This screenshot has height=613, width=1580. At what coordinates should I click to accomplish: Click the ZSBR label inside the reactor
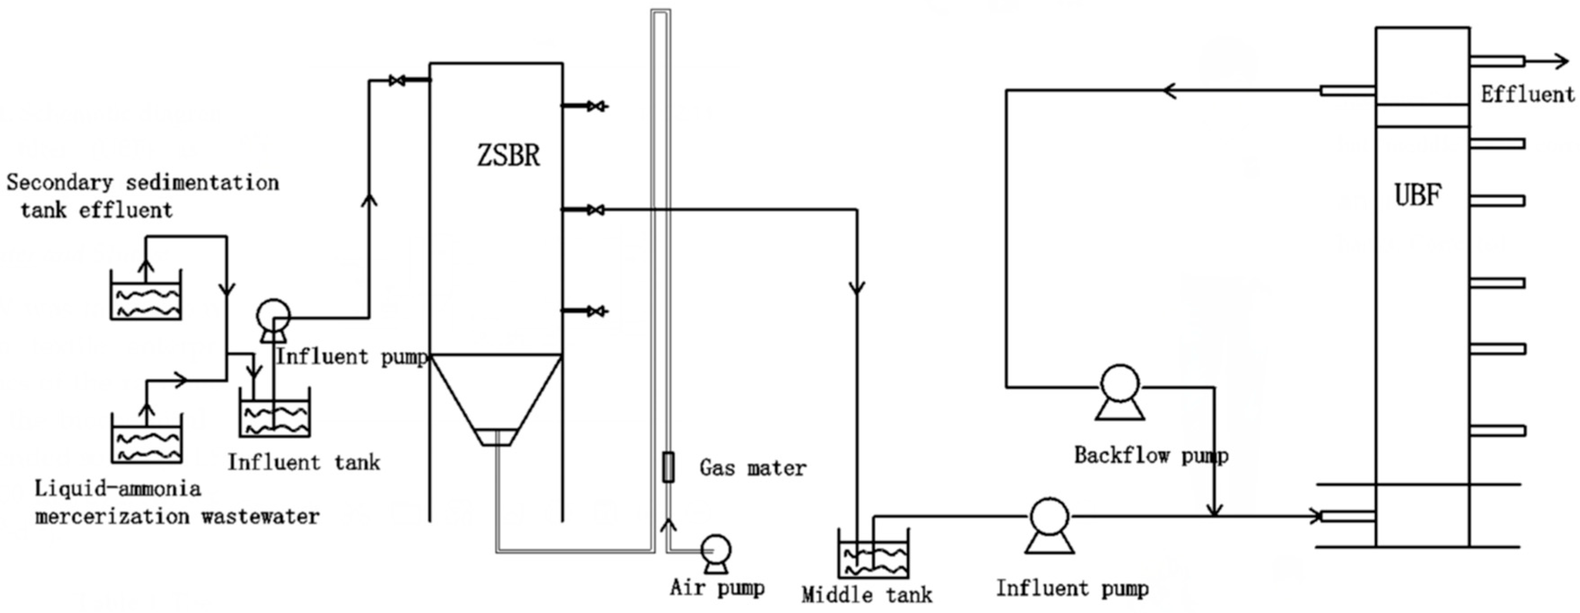pyautogui.click(x=508, y=155)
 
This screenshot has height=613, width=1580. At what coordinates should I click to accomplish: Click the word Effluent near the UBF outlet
pyautogui.click(x=1527, y=95)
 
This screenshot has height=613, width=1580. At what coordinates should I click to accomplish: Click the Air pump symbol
pyautogui.click(x=716, y=550)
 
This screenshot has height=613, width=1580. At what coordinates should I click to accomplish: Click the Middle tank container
pyautogui.click(x=874, y=555)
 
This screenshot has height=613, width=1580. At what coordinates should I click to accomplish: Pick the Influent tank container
pyautogui.click(x=274, y=415)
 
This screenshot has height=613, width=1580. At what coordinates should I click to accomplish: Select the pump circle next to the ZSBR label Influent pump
pyautogui.click(x=273, y=316)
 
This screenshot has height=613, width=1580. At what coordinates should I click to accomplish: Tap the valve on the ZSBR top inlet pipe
pyautogui.click(x=397, y=80)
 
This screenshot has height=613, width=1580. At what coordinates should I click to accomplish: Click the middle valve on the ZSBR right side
pyautogui.click(x=594, y=210)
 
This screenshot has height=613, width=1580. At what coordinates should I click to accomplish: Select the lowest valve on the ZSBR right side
pyautogui.click(x=594, y=311)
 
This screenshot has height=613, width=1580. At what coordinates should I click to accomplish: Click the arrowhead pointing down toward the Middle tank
pyautogui.click(x=857, y=287)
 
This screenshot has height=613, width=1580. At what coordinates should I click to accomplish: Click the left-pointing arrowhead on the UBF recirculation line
pyautogui.click(x=1169, y=91)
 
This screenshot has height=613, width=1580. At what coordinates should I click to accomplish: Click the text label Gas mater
pyautogui.click(x=753, y=468)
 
